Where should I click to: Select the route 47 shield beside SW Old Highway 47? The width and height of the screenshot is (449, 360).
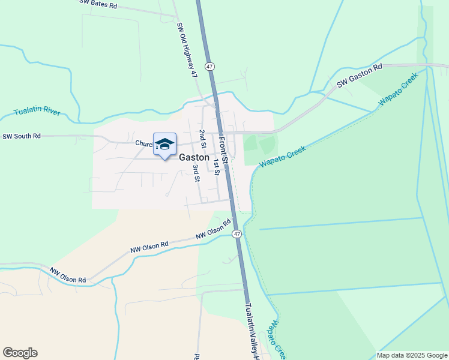click(x=209, y=66)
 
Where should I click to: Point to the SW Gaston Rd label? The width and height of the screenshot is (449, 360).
click(x=359, y=76)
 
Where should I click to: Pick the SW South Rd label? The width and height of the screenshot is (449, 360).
click(x=22, y=136)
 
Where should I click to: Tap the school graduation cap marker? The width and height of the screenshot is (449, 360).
click(x=164, y=145)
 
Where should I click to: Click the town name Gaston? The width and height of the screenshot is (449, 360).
click(x=194, y=158)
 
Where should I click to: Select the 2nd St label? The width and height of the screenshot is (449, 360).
click(x=203, y=139)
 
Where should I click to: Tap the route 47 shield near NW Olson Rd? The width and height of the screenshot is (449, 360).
click(x=237, y=233)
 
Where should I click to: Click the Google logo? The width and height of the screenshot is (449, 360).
click(x=20, y=353)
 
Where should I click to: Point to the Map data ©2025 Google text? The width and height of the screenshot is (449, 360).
click(x=412, y=355)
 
